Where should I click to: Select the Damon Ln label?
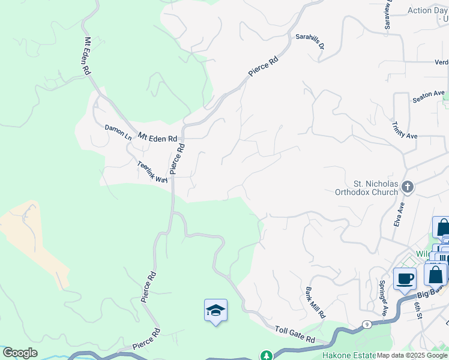(x=118, y=132)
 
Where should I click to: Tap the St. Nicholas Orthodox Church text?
(x=375, y=188)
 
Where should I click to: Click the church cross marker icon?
(x=408, y=187)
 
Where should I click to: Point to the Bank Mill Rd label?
(x=316, y=302)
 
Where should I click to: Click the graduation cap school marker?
(x=215, y=310)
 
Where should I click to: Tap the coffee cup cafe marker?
(x=405, y=278)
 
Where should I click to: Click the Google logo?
(x=20, y=353)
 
